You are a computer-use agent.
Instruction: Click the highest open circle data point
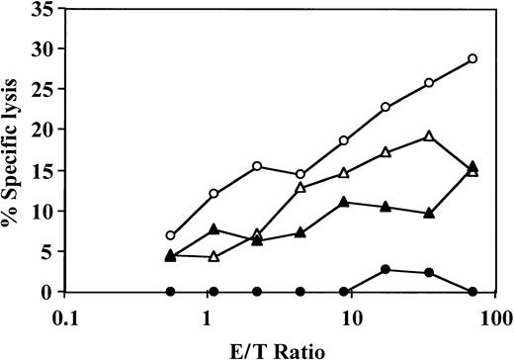472,58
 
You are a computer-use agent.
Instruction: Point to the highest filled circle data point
385,269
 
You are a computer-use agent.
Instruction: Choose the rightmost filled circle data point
472,292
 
